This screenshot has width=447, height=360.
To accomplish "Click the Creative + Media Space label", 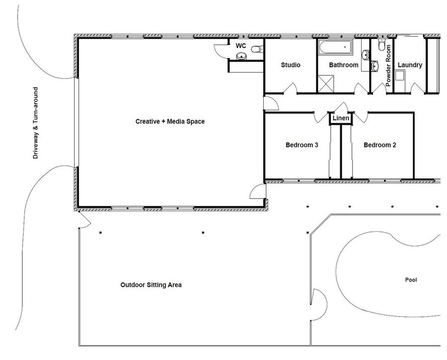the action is click(170, 122).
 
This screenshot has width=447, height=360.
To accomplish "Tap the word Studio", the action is click(291, 65).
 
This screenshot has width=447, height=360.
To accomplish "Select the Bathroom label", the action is click(344, 65).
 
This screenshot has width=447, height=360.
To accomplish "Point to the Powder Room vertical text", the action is click(388, 66).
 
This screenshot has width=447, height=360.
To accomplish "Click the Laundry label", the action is click(410, 65).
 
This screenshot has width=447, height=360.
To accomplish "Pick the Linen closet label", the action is click(341, 118).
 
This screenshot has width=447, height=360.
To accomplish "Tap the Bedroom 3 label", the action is click(301, 145).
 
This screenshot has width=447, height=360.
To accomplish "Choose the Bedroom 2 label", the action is click(380, 145).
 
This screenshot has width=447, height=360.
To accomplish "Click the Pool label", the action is click(411, 280).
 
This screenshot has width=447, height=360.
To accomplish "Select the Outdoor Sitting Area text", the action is click(151, 285).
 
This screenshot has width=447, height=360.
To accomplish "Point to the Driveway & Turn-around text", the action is click(35, 123).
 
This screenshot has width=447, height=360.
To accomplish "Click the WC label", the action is click(241, 46).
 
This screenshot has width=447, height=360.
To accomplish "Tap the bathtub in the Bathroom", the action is click(336, 47).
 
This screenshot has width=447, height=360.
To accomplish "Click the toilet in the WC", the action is click(257, 49).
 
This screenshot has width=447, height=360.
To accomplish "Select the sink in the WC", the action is click(242, 56).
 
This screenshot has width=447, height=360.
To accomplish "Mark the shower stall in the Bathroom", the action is click(325, 83).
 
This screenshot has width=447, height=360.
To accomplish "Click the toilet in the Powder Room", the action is click(381, 45).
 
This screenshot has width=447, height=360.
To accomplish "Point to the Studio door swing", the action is click(290, 88).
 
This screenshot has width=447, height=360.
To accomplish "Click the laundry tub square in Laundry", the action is click(399, 75).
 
